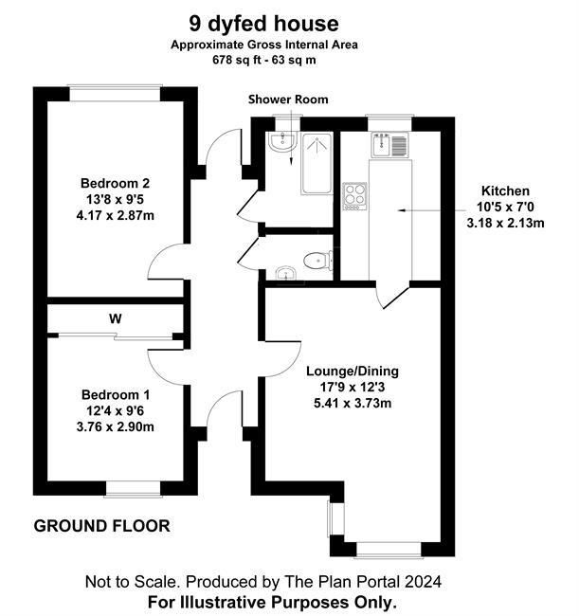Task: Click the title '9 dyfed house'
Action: coord(264,24)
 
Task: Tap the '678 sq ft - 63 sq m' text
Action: coord(264,60)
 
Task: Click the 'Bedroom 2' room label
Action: coord(115,183)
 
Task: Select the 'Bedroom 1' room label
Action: coord(116,394)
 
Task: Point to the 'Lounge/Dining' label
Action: coord(353,371)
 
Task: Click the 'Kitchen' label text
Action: coord(505,190)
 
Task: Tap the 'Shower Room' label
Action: coord(288,100)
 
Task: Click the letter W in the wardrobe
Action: coord(115,318)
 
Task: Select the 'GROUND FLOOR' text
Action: coord(101,526)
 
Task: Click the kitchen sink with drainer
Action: coord(390,145)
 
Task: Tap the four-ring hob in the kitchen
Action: coord(354,196)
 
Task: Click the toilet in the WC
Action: coord(318,261)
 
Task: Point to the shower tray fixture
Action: coord(317,163)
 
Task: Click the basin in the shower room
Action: coord(282,141)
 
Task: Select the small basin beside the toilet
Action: coord(285,273)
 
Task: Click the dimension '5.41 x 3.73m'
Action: coord(353,404)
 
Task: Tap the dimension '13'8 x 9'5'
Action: coord(115,200)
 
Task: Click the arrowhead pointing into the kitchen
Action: coord(402,211)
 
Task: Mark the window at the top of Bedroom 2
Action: coord(115,93)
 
